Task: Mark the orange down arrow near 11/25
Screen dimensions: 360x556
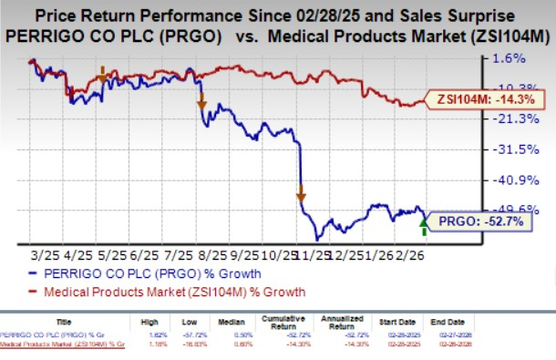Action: [x=299, y=191]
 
